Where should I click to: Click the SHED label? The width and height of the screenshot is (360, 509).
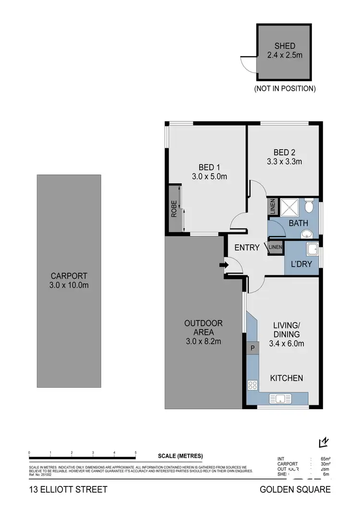[285, 46]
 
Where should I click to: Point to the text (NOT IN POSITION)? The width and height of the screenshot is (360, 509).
[285, 88]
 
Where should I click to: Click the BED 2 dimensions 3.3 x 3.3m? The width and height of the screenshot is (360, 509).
[285, 162]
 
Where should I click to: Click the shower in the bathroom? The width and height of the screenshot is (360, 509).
[290, 207]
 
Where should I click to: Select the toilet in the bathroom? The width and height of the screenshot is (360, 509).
[310, 207]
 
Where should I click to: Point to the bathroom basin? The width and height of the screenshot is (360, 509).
[306, 234]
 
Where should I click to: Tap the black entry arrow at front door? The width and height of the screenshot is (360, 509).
[224, 264]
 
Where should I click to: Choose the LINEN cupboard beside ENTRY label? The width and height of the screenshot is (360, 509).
[276, 248]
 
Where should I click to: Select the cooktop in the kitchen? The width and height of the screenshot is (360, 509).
[252, 384]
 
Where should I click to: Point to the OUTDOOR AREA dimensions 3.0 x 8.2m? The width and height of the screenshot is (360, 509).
[204, 342]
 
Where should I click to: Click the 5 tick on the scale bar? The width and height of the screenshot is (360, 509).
[136, 453]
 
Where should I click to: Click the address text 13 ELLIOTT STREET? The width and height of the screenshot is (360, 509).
[67, 489]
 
